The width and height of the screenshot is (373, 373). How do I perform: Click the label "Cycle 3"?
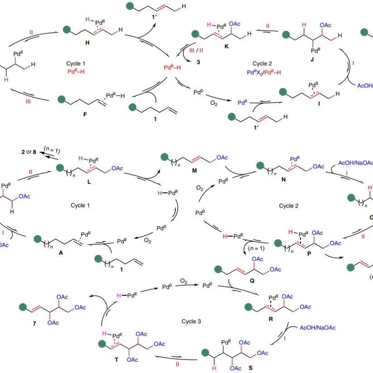(191, 321)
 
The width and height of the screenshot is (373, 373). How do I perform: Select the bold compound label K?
(227, 46)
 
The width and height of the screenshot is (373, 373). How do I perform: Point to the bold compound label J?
(312, 59)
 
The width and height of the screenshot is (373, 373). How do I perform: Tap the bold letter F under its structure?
(85, 114)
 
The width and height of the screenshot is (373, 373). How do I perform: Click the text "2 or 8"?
(29, 152)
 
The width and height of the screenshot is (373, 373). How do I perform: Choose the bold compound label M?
(194, 170)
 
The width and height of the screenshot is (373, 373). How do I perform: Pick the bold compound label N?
(283, 179)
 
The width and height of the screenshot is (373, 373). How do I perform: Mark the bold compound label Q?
(252, 281)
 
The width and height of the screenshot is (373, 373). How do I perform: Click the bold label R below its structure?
(271, 319)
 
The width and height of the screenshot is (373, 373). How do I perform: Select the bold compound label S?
(251, 368)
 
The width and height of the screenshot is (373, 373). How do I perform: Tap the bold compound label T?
(116, 359)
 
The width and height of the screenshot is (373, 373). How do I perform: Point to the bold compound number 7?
(34, 323)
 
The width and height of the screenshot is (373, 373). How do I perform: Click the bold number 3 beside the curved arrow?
(198, 62)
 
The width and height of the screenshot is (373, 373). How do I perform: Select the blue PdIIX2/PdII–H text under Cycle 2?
(264, 72)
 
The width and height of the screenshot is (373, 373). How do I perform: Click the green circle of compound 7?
(23, 307)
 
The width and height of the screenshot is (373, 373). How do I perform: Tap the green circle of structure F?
(62, 99)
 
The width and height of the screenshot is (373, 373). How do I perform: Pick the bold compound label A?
(61, 253)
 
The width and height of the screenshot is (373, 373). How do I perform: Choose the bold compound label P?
(309, 254)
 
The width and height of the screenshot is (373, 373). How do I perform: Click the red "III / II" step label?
(196, 50)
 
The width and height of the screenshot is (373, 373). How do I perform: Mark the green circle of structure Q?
(218, 269)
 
